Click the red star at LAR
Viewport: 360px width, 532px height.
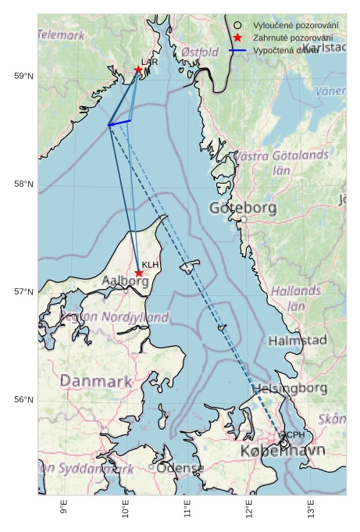tap(138, 70)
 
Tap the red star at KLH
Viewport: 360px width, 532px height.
tap(139, 273)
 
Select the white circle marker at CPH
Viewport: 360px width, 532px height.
tap(284, 443)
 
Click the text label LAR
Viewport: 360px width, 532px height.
tap(149, 61)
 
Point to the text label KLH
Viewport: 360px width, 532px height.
tap(151, 265)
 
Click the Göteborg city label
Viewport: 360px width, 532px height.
tap(243, 208)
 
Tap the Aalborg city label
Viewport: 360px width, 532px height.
tap(126, 280)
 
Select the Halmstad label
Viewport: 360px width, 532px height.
tap(298, 341)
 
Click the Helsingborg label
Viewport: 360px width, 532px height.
tap(290, 388)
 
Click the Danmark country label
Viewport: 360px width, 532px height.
tap(96, 381)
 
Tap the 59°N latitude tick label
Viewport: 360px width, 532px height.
tap(23, 76)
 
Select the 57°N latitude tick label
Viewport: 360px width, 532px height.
tap(23, 292)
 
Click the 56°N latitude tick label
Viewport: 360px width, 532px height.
tap(23, 400)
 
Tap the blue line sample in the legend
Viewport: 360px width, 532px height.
tap(237, 50)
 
